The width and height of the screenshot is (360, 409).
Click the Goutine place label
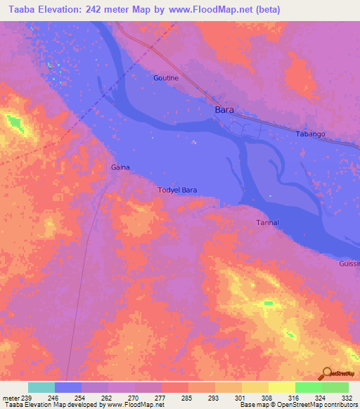(166, 78)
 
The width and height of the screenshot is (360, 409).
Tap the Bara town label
(224, 110)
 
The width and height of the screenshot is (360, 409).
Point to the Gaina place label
(120, 167)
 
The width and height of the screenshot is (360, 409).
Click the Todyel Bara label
(177, 190)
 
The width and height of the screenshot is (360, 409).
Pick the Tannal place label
(266, 223)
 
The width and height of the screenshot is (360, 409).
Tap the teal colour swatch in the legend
(41, 387)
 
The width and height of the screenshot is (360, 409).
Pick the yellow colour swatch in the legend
(281, 387)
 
